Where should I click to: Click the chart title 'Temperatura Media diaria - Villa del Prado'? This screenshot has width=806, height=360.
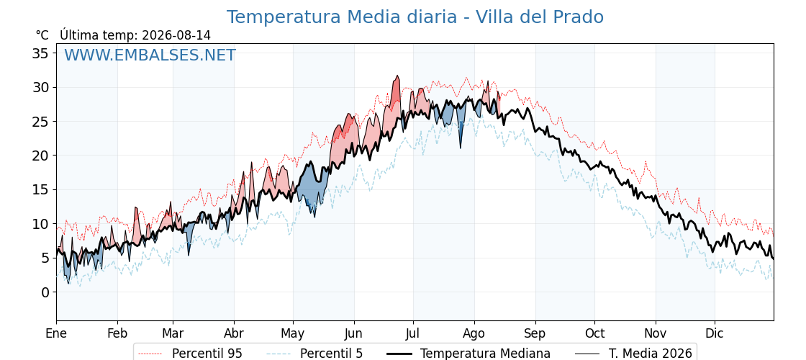click(415, 17)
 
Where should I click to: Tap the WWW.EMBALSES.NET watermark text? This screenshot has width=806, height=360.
click(150, 55)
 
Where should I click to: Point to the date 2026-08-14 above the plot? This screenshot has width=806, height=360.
click(176, 35)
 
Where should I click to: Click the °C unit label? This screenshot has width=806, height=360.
click(42, 35)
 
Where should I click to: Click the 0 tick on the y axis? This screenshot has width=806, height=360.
click(46, 292)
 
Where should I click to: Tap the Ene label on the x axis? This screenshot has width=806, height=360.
click(56, 333)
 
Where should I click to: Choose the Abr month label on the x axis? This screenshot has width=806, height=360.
click(234, 333)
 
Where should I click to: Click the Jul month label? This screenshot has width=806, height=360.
click(413, 333)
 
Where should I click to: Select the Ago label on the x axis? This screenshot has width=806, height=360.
click(474, 333)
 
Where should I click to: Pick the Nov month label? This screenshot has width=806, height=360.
click(656, 333)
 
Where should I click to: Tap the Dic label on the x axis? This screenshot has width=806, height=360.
click(715, 333)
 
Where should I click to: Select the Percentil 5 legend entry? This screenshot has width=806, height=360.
click(314, 354)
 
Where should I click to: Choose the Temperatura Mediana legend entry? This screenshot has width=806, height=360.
click(468, 354)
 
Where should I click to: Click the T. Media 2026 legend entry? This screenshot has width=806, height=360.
click(633, 354)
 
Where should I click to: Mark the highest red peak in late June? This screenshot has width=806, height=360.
click(397, 76)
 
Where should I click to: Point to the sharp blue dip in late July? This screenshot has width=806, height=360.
click(460, 148)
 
